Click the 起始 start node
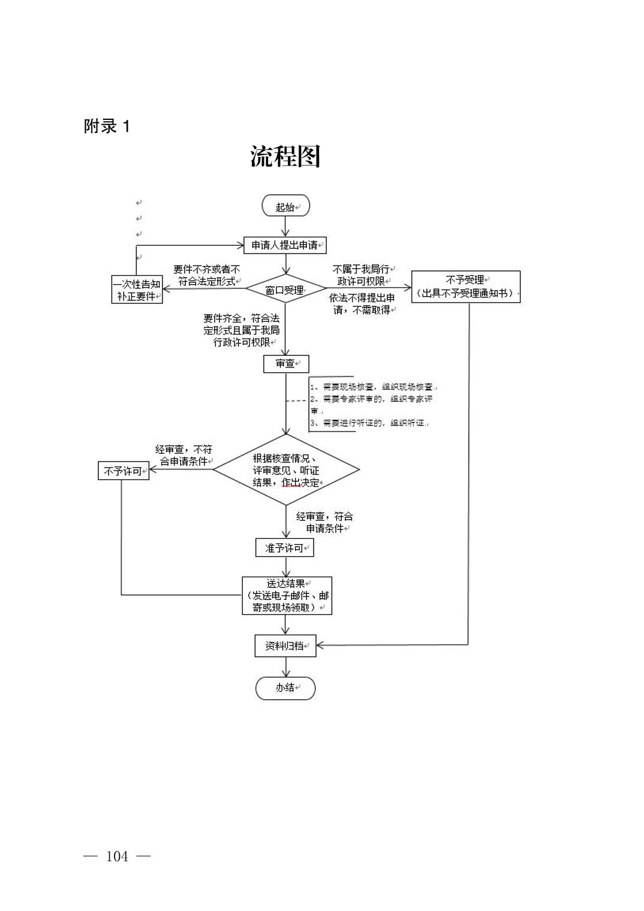[x=285, y=206]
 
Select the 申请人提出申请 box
[x=285, y=245]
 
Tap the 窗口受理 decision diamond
[x=285, y=289]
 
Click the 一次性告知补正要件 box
[x=137, y=289]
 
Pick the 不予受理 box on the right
[x=465, y=286]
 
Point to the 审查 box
[x=286, y=363]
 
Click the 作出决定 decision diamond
[x=286, y=470]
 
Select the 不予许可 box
[x=124, y=471]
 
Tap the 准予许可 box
[x=285, y=548]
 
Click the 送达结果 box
[x=287, y=595]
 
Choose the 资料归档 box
[x=285, y=645]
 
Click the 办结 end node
[x=285, y=688]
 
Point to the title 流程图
[x=285, y=156]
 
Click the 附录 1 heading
[x=107, y=126]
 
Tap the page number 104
[x=117, y=856]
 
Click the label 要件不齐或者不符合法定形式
[x=206, y=275]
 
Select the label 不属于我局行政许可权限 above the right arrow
[x=361, y=275]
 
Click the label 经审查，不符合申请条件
[x=184, y=455]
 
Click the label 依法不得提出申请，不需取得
[x=362, y=304]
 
